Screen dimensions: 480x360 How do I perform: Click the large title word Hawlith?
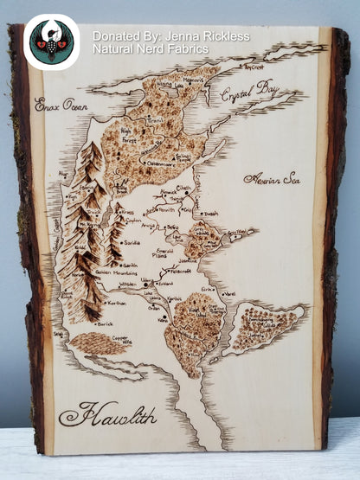tap(107, 413)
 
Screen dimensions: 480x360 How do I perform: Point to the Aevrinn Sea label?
tap(272, 179)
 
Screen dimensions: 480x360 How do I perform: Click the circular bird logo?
tap(51, 42)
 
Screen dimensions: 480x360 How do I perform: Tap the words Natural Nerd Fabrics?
tap(151, 49)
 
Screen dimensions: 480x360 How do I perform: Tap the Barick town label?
tap(104, 323)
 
